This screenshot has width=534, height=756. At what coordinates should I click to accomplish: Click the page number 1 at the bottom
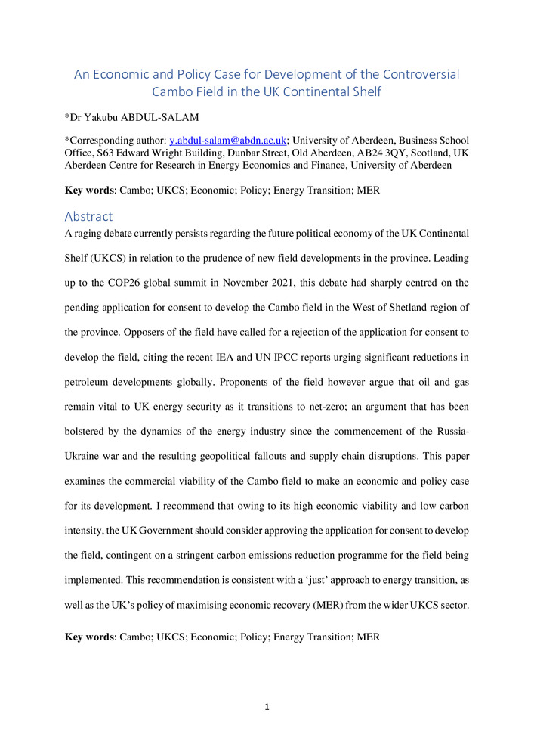point(267,708)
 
